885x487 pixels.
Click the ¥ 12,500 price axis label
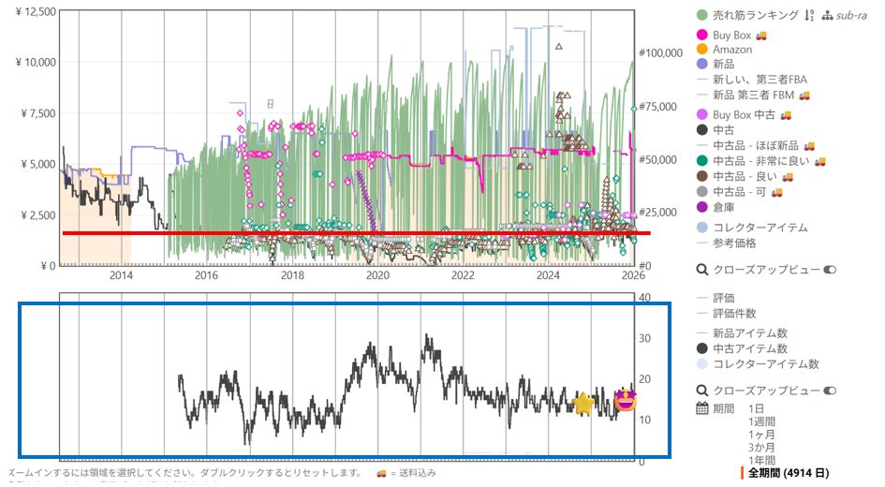point(31,11)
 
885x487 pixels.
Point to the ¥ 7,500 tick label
point(34,113)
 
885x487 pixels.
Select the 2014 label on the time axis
point(122,275)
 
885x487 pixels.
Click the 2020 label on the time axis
point(377,275)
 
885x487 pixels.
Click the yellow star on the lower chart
point(583,404)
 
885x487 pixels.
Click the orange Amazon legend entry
point(731,50)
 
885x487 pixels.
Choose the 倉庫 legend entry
point(725,207)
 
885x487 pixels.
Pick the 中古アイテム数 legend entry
point(750,348)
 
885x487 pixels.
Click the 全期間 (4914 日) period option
point(787,473)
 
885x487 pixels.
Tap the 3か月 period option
point(762,448)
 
